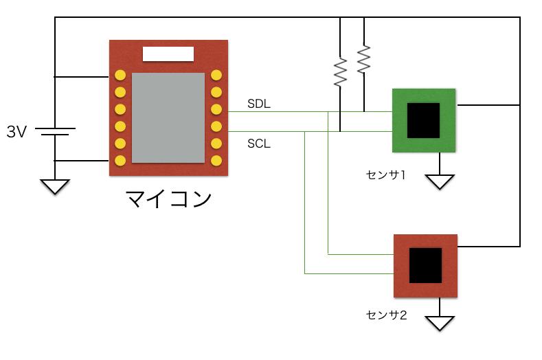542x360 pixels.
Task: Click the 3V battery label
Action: (x=16, y=132)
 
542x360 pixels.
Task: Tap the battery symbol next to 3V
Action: (x=56, y=131)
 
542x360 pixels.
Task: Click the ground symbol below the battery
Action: (x=55, y=186)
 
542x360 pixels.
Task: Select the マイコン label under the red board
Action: (x=168, y=199)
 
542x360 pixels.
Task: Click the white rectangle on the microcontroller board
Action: (x=168, y=54)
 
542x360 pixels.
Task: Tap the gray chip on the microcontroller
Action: (x=168, y=117)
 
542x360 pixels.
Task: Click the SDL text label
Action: (x=259, y=104)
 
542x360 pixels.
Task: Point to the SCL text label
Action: (x=259, y=144)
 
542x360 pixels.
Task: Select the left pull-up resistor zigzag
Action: (x=340, y=72)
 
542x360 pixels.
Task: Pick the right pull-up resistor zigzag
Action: (x=363, y=59)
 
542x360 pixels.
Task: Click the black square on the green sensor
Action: (x=423, y=120)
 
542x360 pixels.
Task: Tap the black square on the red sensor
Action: (x=425, y=265)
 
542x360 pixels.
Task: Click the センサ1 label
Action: (x=386, y=175)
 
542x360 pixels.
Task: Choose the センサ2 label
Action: (x=387, y=315)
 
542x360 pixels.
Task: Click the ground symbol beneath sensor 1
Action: (x=440, y=181)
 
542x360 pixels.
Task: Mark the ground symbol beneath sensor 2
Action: (x=440, y=324)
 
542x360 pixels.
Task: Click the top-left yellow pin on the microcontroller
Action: (x=120, y=75)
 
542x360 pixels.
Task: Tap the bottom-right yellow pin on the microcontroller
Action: (x=216, y=161)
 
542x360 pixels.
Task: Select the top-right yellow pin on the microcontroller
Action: (x=216, y=75)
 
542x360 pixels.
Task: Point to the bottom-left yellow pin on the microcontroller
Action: (x=120, y=161)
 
